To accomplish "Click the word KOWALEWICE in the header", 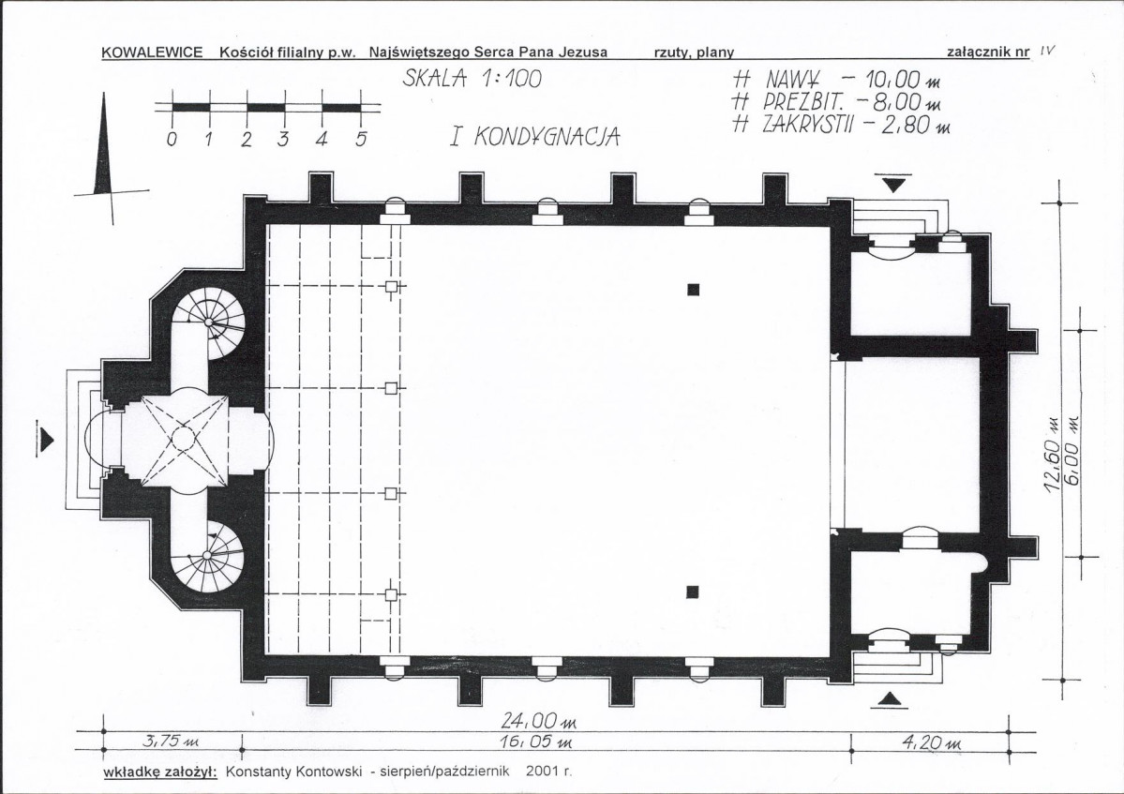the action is [x=152, y=52].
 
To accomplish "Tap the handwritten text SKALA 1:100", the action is [x=472, y=78].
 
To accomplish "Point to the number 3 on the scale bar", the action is [x=282, y=139].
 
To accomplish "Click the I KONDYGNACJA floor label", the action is [x=534, y=136].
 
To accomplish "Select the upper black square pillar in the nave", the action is [x=693, y=290].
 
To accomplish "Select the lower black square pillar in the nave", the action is [x=693, y=592].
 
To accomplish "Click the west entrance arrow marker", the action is [x=45, y=438].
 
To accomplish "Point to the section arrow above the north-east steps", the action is [x=893, y=183].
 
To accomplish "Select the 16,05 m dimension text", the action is [x=536, y=742].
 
